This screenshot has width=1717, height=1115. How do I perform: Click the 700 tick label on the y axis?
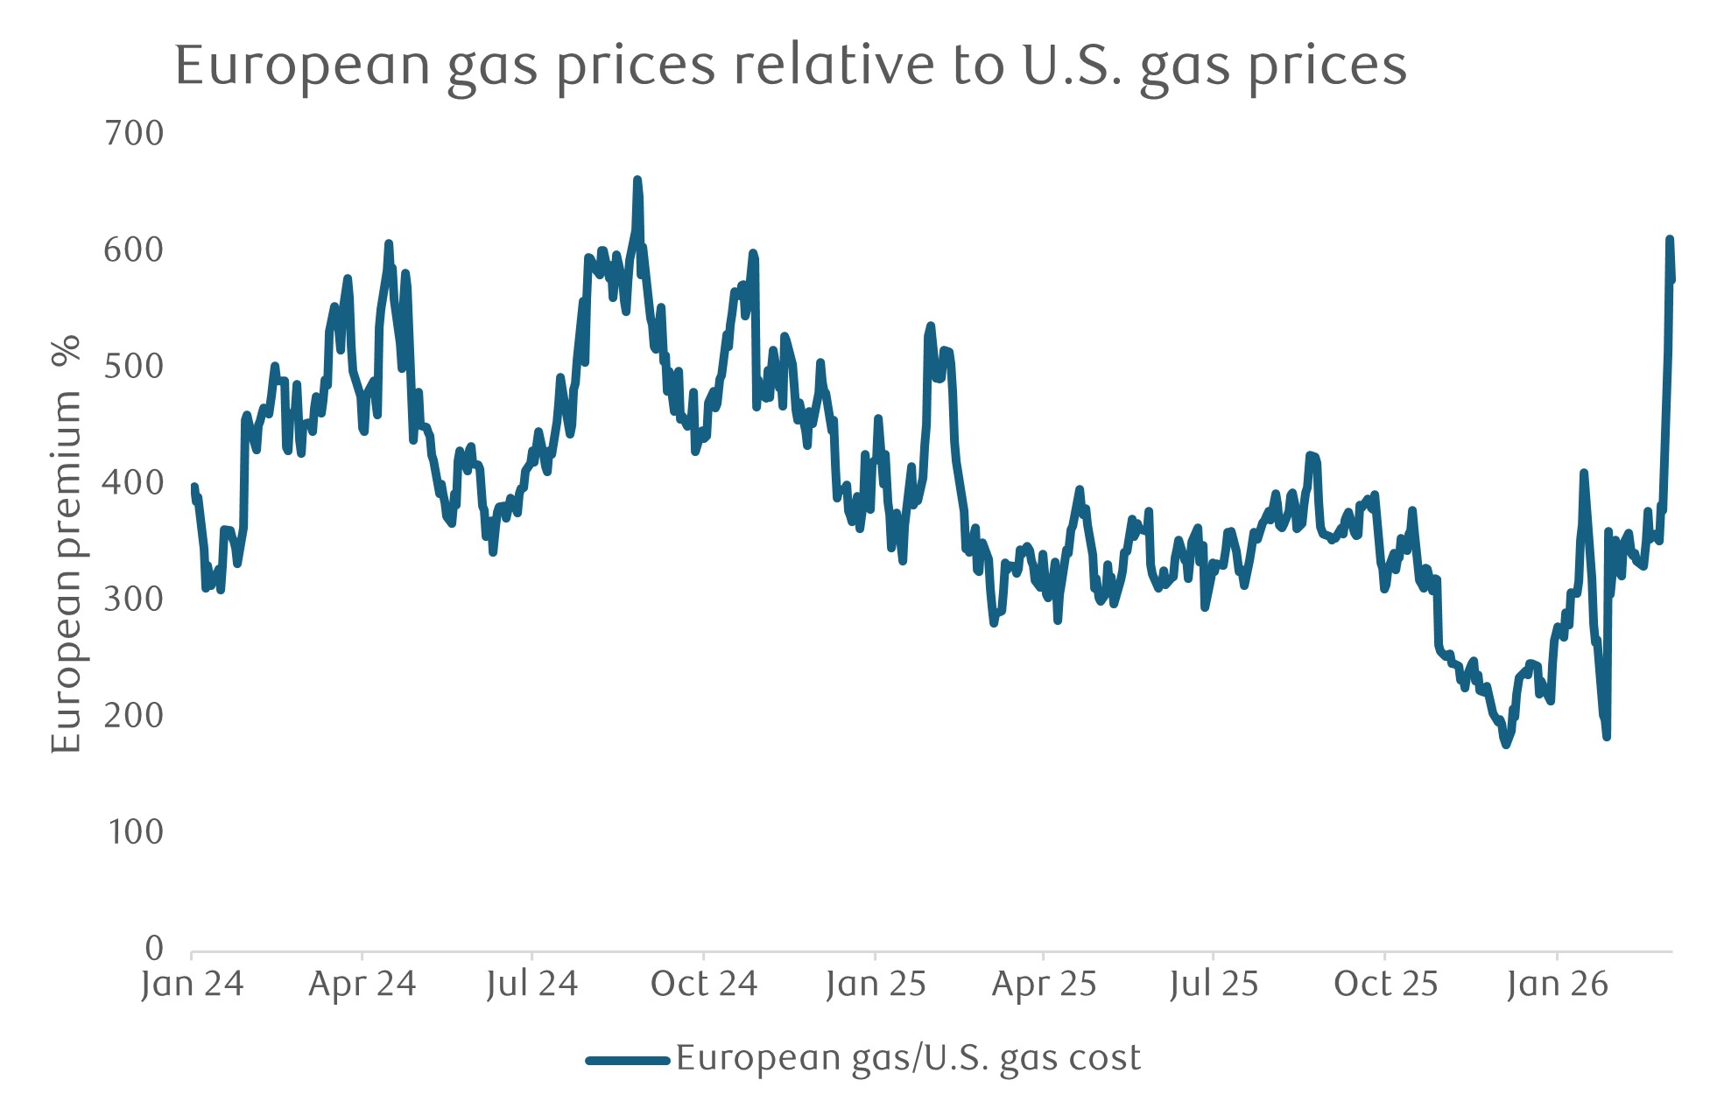point(133,133)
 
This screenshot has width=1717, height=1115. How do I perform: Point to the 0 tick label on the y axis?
point(154,948)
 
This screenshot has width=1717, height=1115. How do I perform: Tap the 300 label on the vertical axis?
point(133,600)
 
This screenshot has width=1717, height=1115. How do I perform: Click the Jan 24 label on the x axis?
point(192,985)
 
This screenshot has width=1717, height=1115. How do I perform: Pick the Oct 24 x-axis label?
point(703,985)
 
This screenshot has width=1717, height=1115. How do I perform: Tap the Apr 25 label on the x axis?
point(1044,985)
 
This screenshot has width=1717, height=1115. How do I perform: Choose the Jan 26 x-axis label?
point(1557,985)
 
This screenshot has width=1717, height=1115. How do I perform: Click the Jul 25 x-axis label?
point(1213,985)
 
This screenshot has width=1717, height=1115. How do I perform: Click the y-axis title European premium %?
point(67,543)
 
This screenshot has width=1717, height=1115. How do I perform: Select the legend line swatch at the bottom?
point(627,1061)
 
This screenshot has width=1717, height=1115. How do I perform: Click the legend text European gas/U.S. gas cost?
point(908,1059)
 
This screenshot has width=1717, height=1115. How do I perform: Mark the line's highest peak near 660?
point(637,179)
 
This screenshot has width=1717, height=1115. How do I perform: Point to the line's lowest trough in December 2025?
point(1506,745)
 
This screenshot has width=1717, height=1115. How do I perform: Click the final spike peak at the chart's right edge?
point(1670,239)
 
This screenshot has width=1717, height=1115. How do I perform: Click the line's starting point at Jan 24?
point(194,487)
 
